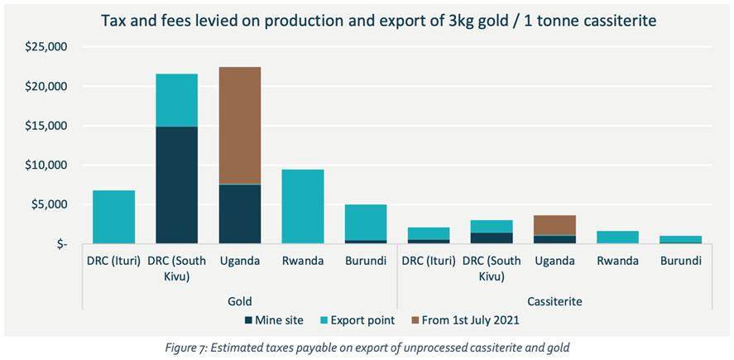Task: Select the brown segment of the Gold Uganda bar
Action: (x=239, y=124)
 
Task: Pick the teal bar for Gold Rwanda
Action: (x=303, y=207)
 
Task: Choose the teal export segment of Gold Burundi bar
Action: (x=367, y=222)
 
